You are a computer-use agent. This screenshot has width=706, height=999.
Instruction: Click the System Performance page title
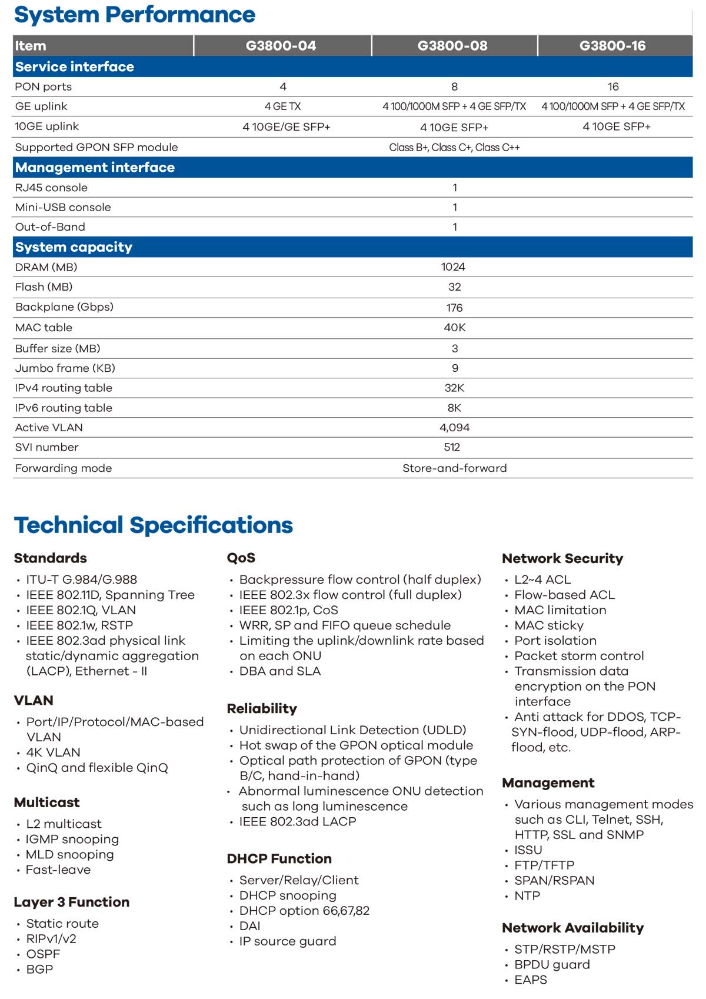coord(135,15)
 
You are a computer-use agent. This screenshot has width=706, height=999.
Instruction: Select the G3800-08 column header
coord(452,46)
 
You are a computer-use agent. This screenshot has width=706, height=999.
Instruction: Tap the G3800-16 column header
coord(612,46)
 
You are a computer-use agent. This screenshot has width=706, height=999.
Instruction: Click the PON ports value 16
coord(613,87)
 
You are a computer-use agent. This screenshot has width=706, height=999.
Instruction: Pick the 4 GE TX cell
coord(282,106)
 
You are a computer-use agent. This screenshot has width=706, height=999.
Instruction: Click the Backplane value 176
coord(454,308)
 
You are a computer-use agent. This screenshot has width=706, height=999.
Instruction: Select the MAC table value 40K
coord(454,328)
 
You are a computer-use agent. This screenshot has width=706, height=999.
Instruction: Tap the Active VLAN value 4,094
coord(454,428)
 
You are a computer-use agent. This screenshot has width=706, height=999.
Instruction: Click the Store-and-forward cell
coord(454,468)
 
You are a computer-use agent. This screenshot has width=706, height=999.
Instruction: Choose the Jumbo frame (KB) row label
coord(65,368)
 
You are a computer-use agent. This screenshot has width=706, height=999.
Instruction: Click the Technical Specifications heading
coord(153,525)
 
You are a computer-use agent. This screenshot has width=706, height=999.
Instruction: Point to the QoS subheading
coord(241,558)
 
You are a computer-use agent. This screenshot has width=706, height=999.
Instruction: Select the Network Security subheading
coord(562,558)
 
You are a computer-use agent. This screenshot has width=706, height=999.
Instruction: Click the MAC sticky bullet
coord(549,625)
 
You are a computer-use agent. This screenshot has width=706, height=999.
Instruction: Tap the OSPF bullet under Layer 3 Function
coord(43,954)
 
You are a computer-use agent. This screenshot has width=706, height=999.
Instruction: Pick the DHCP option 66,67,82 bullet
coord(304,911)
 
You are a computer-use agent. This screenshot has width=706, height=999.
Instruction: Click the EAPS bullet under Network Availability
coord(531,980)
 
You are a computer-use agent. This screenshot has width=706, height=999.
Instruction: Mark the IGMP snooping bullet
coord(72,840)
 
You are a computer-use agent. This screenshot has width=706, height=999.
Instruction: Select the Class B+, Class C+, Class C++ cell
coord(454,148)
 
